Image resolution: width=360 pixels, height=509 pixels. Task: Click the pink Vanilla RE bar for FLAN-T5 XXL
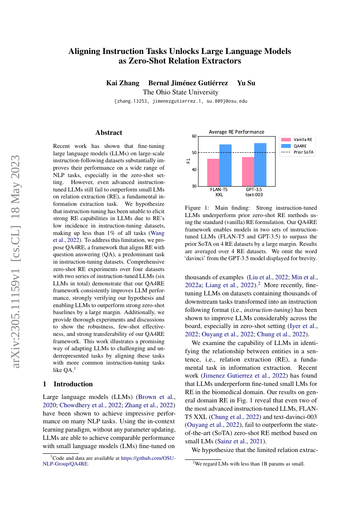tap(213, 172)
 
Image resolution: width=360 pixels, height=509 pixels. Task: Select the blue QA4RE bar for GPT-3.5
tap(260, 164)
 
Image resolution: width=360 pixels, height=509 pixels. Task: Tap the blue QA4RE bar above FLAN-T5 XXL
tap(225, 165)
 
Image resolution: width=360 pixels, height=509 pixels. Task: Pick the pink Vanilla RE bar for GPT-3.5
tap(248, 171)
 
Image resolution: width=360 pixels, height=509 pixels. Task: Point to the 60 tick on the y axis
tap(194, 136)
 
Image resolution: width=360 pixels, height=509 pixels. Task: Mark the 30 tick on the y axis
tap(194, 186)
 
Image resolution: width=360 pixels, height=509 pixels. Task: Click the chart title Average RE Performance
tap(236, 132)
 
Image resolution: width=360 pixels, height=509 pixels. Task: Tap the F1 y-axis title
tap(188, 161)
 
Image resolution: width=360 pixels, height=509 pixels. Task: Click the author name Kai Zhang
tap(123, 83)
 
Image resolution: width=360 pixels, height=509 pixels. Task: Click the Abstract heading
tap(109, 133)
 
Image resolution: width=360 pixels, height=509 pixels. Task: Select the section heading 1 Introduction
tap(68, 384)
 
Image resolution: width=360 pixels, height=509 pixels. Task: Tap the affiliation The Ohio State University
tap(180, 92)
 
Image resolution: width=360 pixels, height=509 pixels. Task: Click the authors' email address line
tap(180, 101)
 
